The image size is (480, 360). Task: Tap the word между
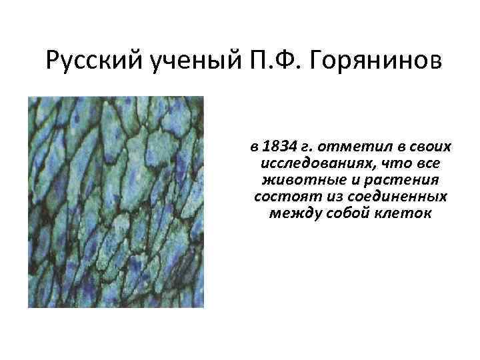click(x=293, y=215)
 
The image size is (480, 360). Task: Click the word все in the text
click(x=427, y=163)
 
